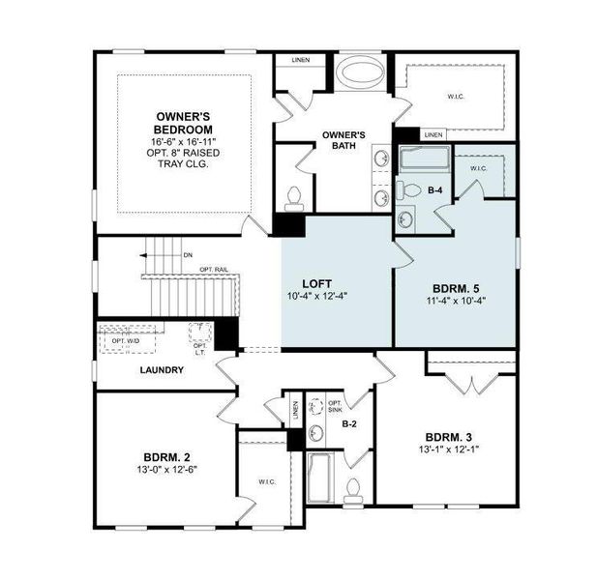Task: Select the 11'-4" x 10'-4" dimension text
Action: tap(454, 301)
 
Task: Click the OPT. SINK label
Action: tap(336, 407)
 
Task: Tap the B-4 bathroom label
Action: tap(436, 189)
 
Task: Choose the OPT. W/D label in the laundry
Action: tap(120, 339)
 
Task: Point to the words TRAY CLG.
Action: tap(183, 164)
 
